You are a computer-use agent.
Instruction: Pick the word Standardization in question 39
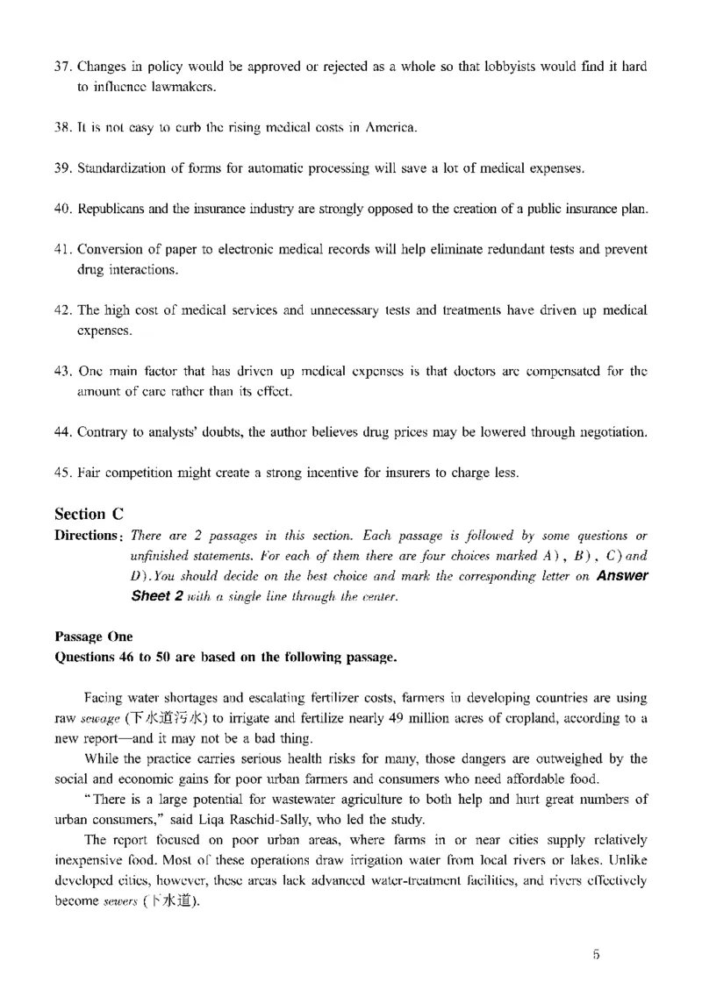tap(119, 168)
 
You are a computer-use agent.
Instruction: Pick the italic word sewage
tap(102, 719)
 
